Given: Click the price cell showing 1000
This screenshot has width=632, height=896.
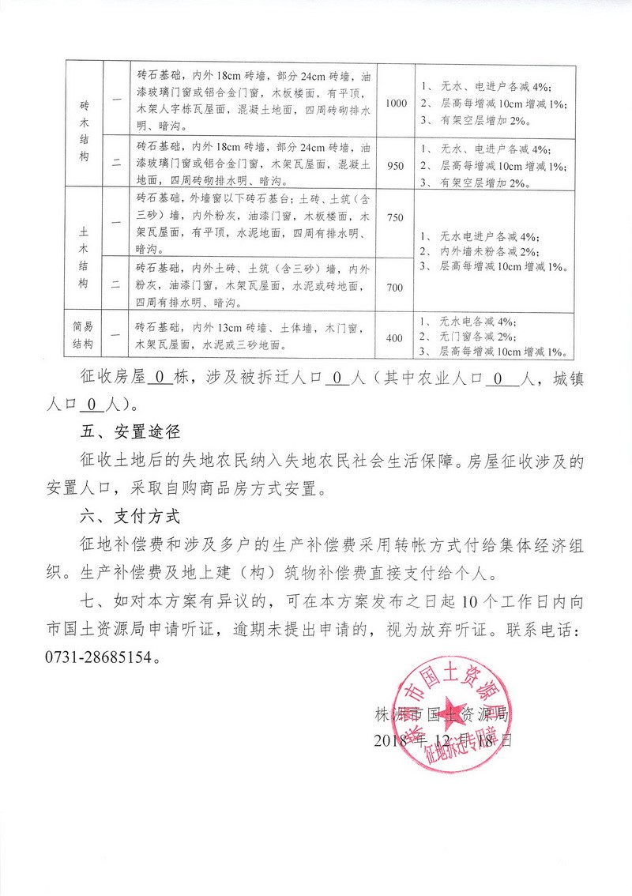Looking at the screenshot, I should tap(396, 104).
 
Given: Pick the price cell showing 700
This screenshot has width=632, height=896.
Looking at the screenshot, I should tap(394, 287).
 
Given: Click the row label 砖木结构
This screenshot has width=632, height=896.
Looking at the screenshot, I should tap(85, 130).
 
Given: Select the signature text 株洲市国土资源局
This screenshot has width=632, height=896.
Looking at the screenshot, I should tap(444, 717).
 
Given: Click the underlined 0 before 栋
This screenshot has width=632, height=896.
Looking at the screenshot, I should tap(159, 378).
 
